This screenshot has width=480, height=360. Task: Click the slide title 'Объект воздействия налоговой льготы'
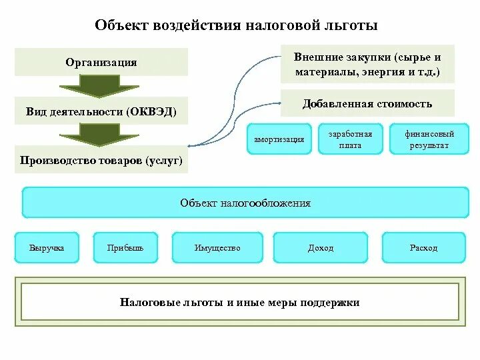tap(236, 26)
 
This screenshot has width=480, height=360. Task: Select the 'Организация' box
tap(101, 62)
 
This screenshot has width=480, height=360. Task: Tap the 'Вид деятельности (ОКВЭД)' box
tap(101, 111)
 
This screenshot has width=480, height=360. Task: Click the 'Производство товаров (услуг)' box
tap(101, 161)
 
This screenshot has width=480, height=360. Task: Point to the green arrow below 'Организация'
tap(100, 86)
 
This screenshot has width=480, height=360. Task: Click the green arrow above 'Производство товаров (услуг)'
tap(100, 135)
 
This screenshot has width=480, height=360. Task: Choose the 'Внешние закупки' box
tap(367, 64)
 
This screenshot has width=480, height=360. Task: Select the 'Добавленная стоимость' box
tap(367, 103)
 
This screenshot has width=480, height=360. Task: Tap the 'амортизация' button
tap(279, 139)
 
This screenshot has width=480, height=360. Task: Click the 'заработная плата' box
tap(350, 139)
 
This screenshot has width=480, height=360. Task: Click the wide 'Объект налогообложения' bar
tap(245, 203)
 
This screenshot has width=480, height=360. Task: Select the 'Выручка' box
tap(47, 248)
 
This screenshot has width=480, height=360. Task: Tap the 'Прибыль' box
tap(125, 248)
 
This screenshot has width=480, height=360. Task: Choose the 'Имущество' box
tap(217, 248)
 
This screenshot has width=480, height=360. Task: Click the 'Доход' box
tap(321, 248)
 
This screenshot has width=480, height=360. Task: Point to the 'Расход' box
tap(424, 248)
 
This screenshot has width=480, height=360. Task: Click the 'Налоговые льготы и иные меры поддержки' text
tap(240, 303)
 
